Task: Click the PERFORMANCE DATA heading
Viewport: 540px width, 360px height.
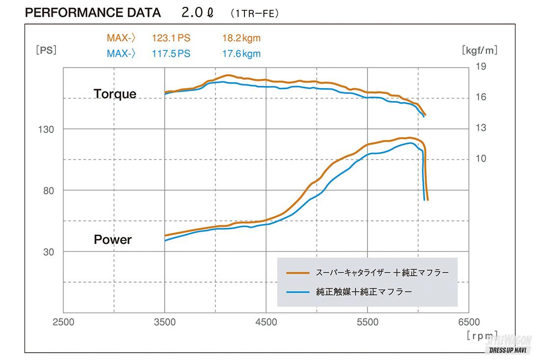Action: (x=93, y=13)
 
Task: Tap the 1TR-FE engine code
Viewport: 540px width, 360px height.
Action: (x=254, y=13)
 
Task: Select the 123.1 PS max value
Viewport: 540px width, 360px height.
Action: (x=171, y=38)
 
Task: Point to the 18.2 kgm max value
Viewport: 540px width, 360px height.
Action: (x=241, y=38)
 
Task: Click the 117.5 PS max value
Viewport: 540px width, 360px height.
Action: (x=171, y=53)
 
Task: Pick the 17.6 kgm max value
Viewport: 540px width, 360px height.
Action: (x=241, y=53)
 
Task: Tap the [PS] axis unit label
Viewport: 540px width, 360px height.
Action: (x=46, y=49)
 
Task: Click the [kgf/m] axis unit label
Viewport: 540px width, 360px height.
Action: (x=479, y=49)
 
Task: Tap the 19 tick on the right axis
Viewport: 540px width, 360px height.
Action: (x=481, y=67)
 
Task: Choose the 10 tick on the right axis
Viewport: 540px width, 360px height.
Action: (x=481, y=159)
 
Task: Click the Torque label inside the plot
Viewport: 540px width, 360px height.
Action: (x=115, y=94)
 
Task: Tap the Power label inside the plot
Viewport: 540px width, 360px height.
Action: (x=113, y=240)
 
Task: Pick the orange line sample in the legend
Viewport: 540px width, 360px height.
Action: (x=298, y=272)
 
